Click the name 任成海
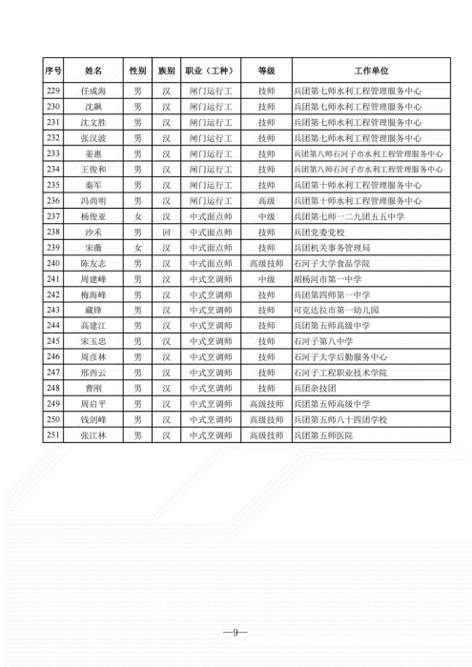[92, 91]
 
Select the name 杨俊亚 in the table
[92, 216]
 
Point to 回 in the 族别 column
[165, 232]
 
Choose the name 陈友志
[92, 263]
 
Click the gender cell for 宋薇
[137, 248]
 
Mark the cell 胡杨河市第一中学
[331, 278]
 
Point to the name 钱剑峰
[92, 419]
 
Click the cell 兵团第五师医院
[325, 435]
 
